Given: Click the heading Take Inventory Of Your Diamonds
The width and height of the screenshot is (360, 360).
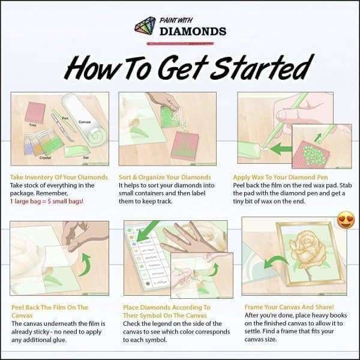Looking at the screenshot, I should [x=59, y=178].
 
